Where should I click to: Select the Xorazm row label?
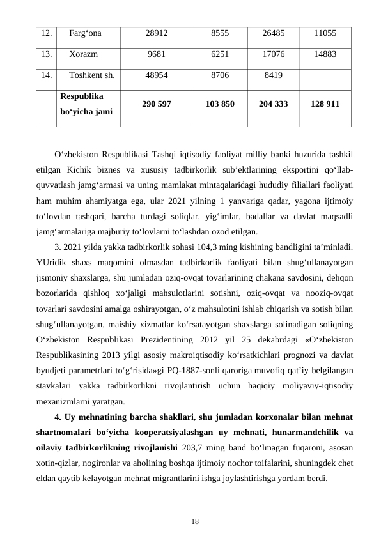click(83, 55)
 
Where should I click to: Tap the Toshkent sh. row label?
click(92, 75)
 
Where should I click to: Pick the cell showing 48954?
click(157, 75)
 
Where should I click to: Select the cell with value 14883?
click(325, 55)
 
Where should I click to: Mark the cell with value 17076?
click(274, 55)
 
